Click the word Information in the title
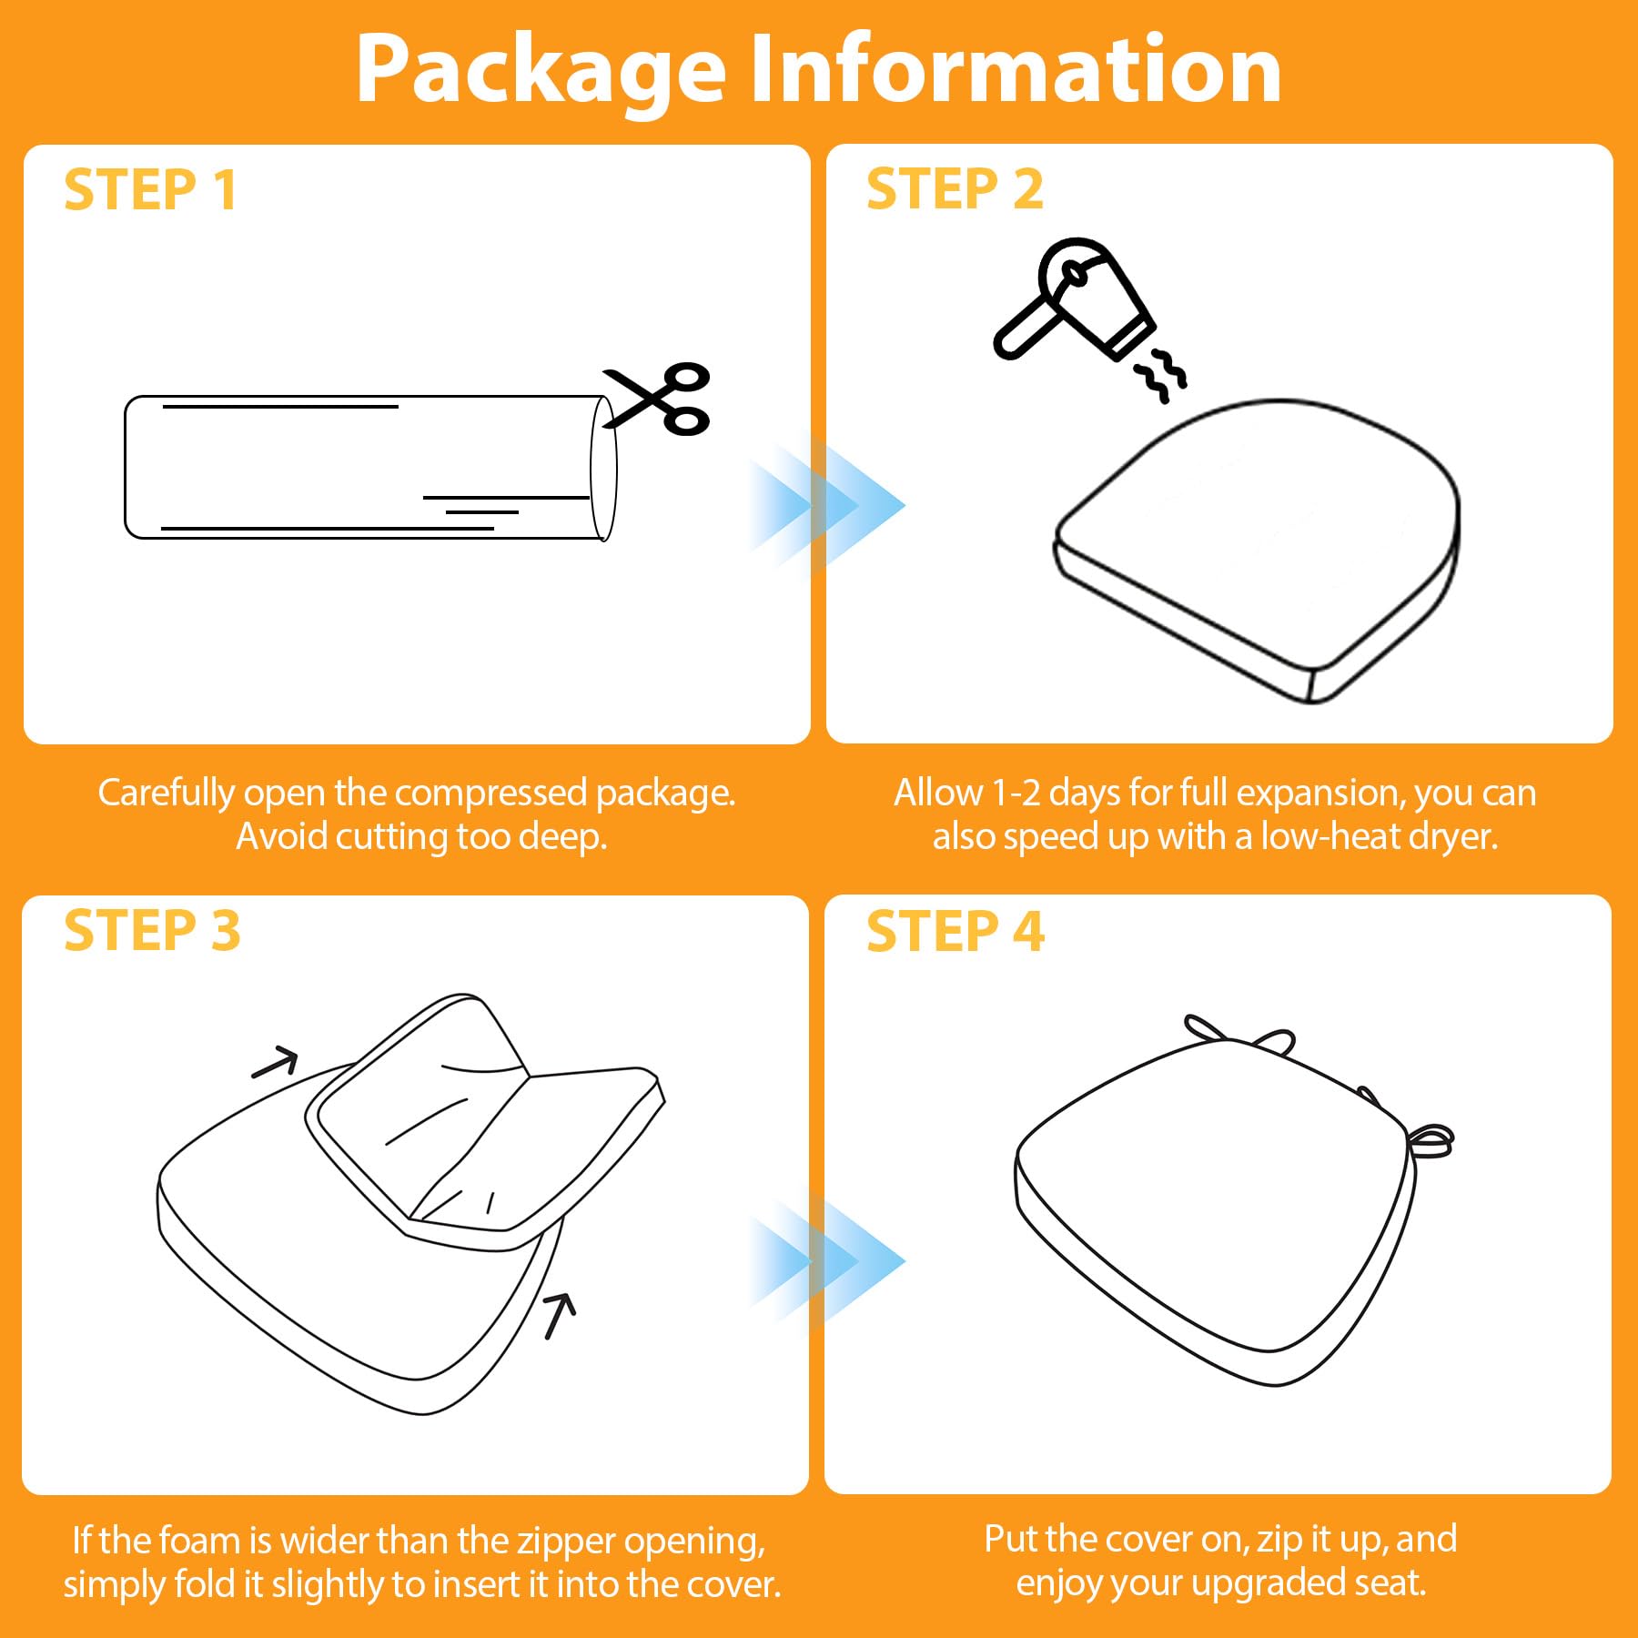point(1016,68)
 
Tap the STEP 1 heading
point(151,191)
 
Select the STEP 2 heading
point(955,189)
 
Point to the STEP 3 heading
point(152,931)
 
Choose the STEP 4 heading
point(955,932)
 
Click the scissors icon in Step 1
point(656,399)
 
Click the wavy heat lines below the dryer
point(1160,374)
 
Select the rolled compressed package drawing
point(370,468)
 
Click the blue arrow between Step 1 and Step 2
point(825,504)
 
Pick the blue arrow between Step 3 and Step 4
point(825,1259)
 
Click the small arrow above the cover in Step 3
point(275,1062)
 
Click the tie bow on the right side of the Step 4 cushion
point(1429,1140)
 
